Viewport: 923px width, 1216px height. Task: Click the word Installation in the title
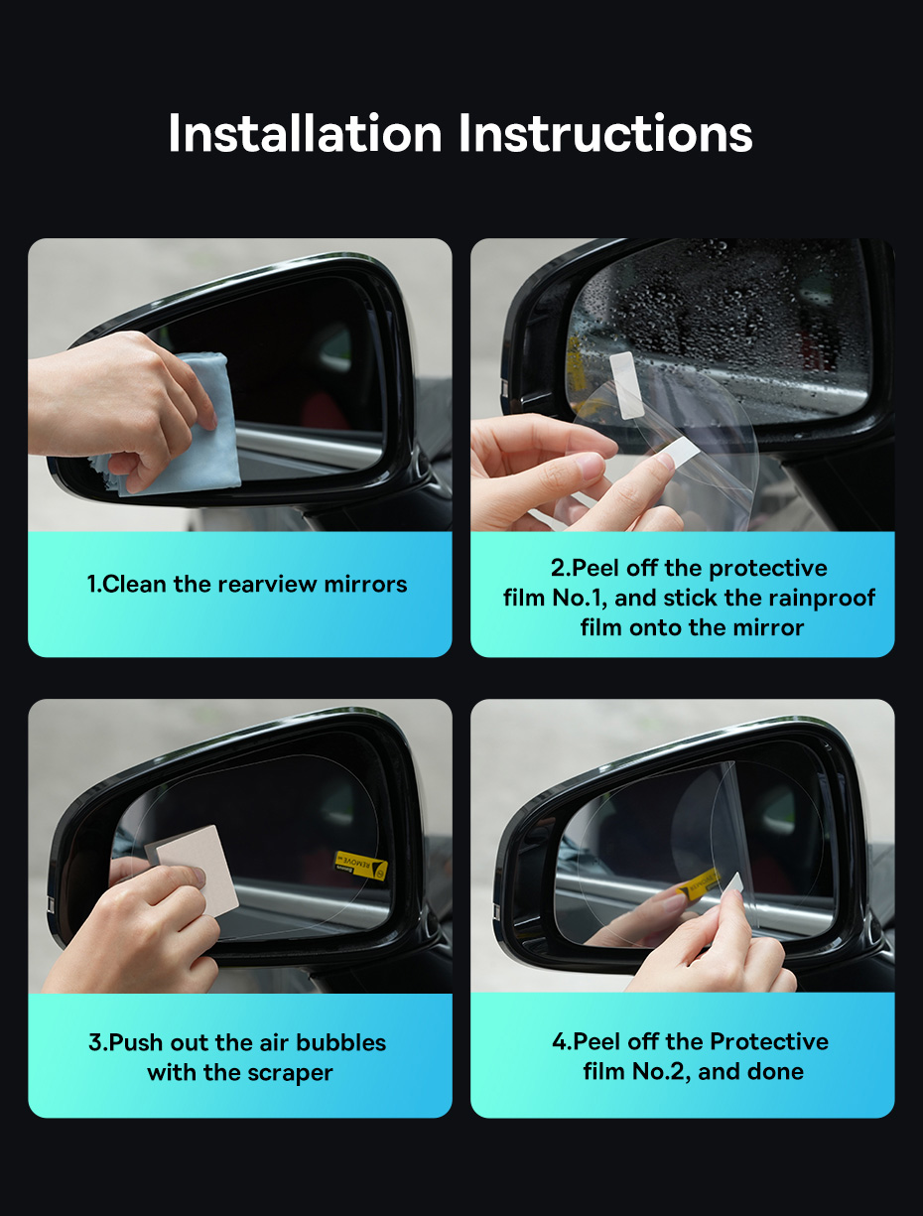305,132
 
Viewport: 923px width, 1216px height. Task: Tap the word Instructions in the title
605,132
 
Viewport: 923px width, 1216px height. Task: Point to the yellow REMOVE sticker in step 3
360,866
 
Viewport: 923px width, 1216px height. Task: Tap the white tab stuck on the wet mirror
626,384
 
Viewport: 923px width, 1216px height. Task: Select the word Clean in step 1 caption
135,584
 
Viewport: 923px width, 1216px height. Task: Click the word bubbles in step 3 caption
341,1042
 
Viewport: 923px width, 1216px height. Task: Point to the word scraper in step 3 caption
290,1073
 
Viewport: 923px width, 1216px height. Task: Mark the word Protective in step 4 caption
769,1041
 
